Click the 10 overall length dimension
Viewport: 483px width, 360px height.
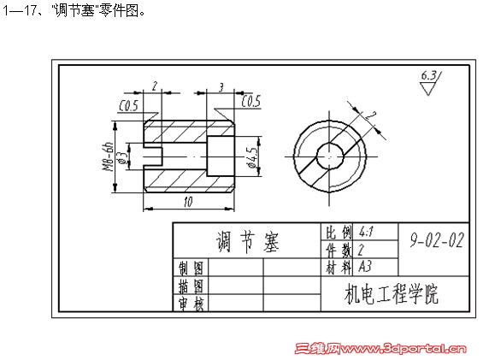point(188,202)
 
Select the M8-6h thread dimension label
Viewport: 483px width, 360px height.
point(108,156)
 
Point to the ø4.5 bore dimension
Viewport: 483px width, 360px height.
point(252,157)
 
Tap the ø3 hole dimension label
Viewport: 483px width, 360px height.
point(122,156)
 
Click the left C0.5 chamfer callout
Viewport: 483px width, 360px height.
point(129,106)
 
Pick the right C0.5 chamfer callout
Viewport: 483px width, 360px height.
point(251,101)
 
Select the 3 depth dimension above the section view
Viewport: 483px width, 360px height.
point(221,87)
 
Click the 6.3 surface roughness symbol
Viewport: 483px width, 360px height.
point(431,83)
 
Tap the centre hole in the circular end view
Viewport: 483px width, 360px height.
point(330,156)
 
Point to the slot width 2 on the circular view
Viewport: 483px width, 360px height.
point(370,116)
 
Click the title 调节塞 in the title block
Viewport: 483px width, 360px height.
point(247,242)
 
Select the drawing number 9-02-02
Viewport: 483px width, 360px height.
point(437,240)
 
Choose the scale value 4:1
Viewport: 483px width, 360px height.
point(366,231)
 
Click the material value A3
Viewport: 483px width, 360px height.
point(365,266)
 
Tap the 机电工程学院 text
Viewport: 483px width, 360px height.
point(392,294)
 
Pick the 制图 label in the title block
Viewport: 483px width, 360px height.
point(191,268)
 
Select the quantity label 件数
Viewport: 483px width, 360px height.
point(339,250)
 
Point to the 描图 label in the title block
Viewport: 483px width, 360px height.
point(191,286)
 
